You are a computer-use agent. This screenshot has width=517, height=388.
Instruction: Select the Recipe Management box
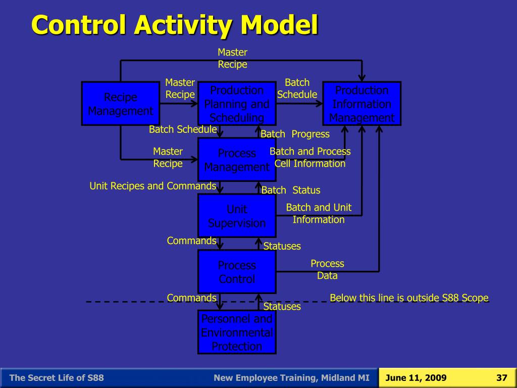(121, 104)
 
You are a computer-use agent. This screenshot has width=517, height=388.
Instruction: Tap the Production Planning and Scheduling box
(237, 104)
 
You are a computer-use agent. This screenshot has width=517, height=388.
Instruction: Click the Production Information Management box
(361, 104)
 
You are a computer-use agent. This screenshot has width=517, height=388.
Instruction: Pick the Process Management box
(237, 160)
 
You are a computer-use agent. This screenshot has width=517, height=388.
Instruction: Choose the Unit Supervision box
(237, 216)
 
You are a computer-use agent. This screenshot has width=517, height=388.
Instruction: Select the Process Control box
(237, 272)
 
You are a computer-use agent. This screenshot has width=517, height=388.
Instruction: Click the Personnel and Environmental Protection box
(237, 332)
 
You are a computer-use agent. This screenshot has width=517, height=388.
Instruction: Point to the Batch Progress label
(295, 134)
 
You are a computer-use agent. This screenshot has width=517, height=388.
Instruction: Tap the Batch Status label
(291, 190)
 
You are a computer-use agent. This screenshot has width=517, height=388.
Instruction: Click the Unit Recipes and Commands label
(153, 186)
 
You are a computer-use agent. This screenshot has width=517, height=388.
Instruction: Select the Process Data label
(327, 270)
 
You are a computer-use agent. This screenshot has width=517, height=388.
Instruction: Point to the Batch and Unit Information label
(319, 213)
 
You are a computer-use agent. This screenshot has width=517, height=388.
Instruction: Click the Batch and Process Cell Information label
(310, 158)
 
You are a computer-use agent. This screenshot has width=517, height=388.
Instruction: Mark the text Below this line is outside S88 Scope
(409, 298)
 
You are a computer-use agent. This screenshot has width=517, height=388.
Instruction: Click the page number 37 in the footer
(501, 378)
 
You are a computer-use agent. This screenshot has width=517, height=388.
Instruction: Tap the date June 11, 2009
(416, 378)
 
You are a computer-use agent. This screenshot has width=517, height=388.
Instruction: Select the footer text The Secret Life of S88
(57, 378)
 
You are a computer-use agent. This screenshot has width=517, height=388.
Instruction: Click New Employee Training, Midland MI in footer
(291, 378)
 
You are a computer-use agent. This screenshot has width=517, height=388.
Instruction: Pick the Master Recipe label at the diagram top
(232, 58)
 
